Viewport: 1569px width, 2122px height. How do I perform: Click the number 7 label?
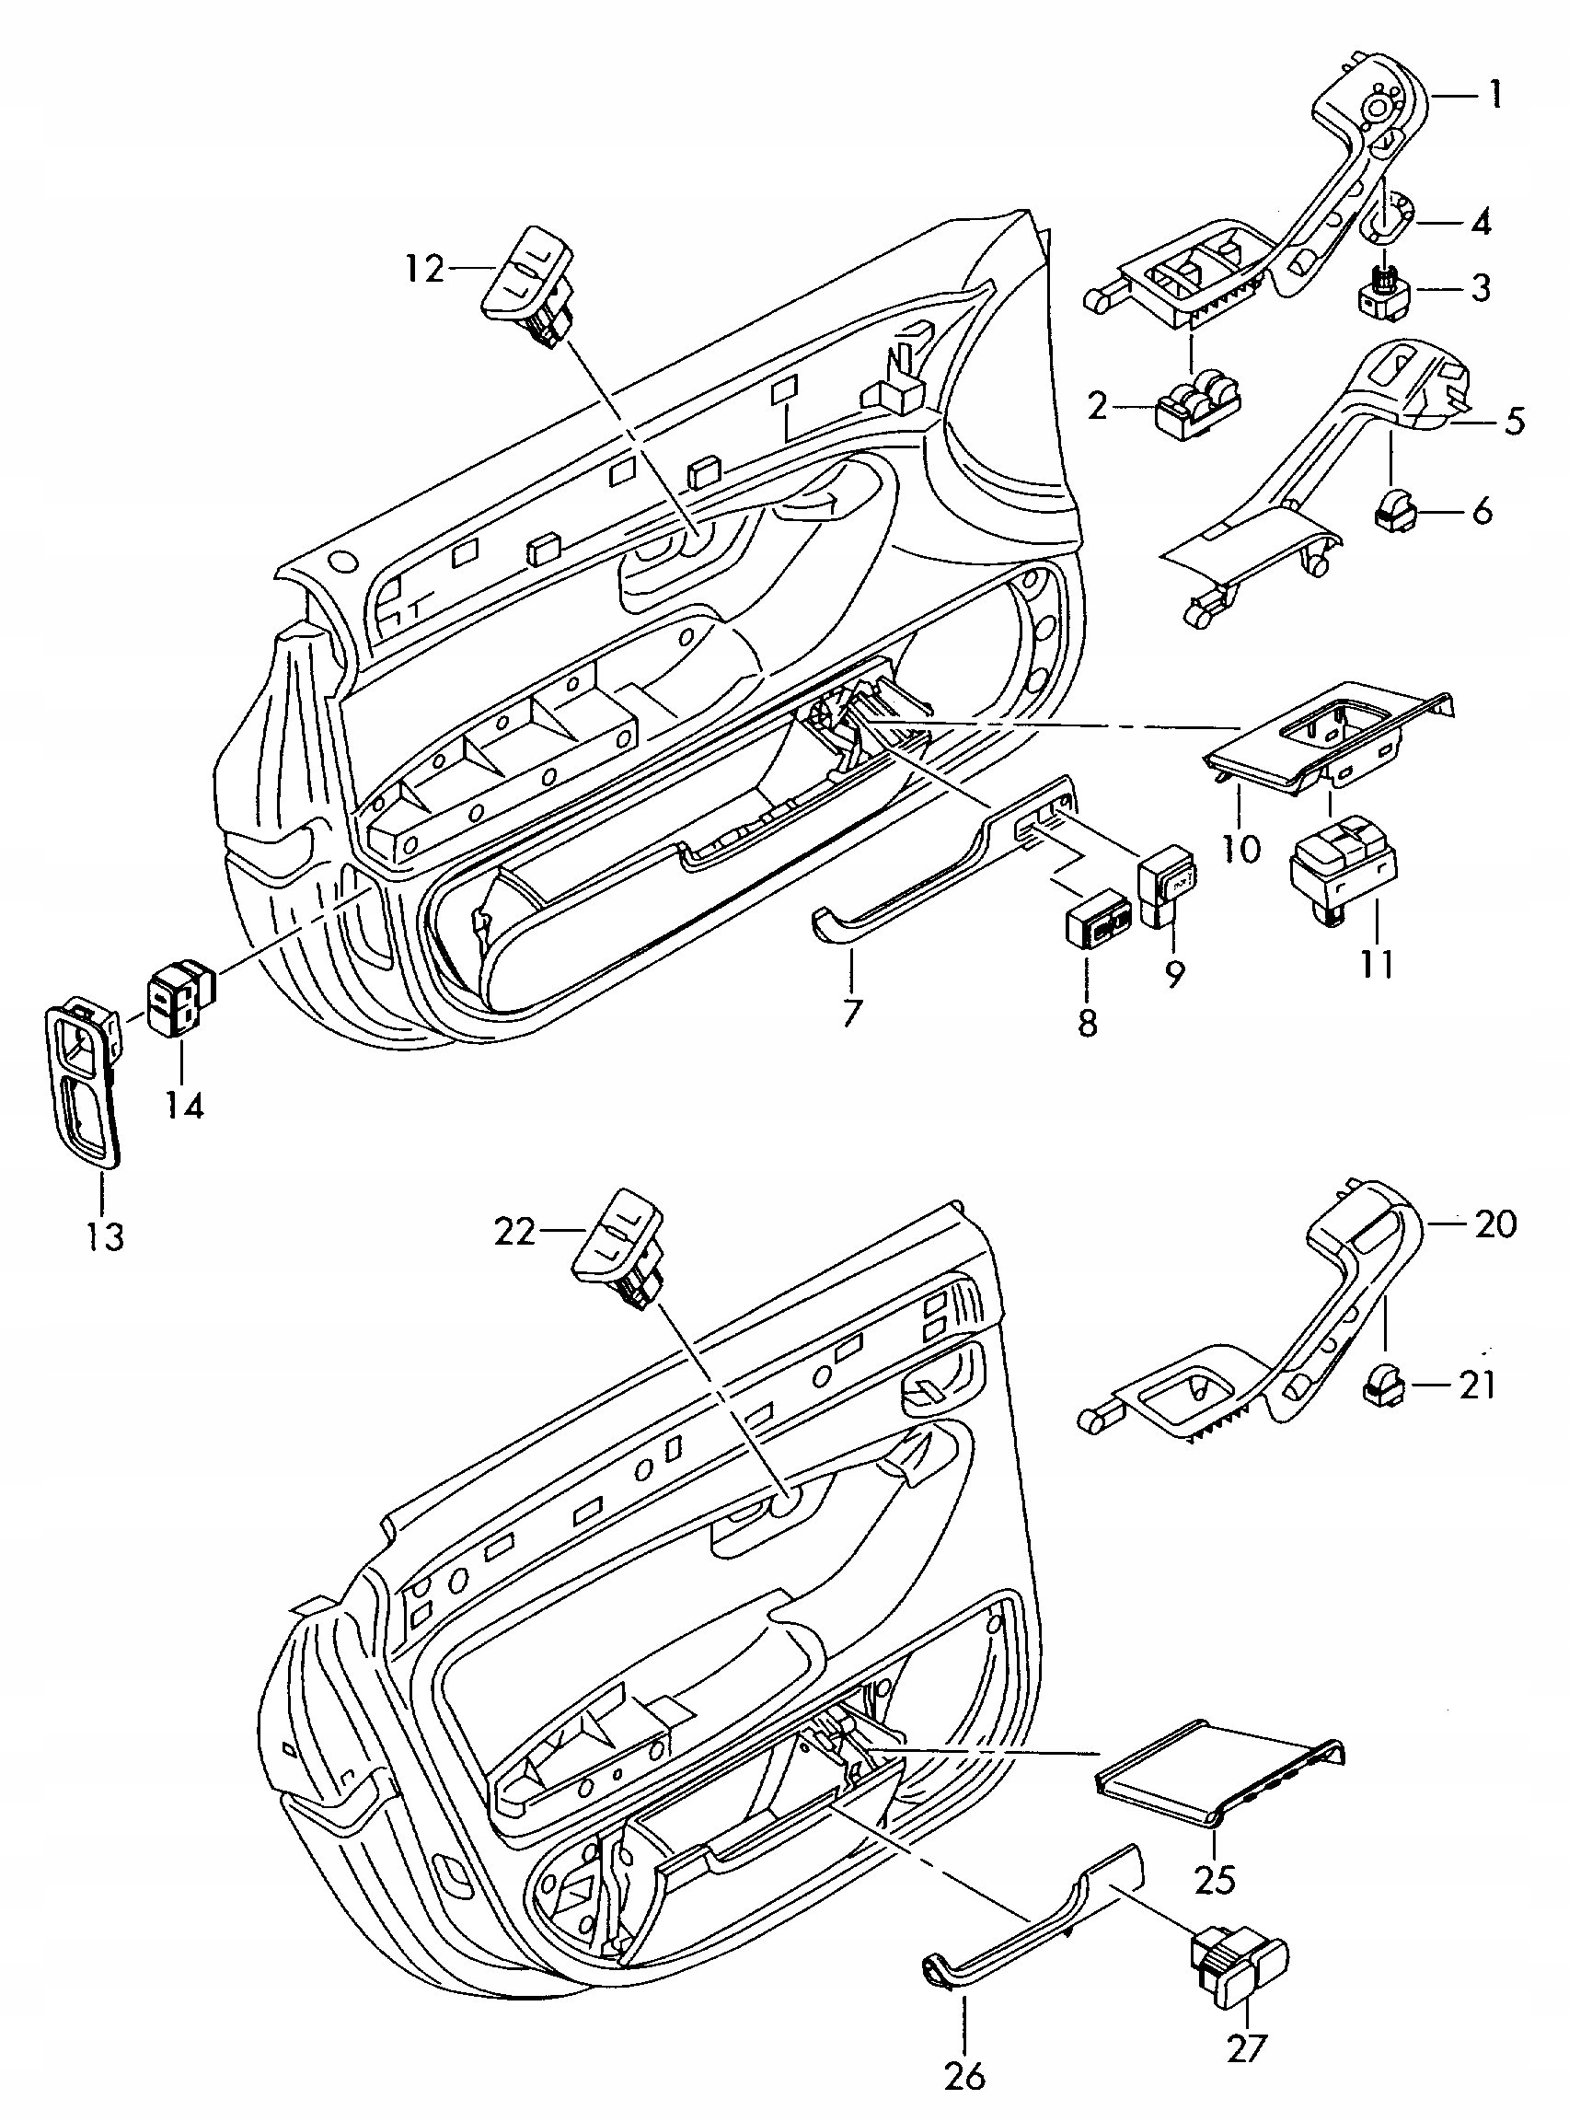(851, 1014)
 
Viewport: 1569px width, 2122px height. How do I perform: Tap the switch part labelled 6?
(1394, 512)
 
